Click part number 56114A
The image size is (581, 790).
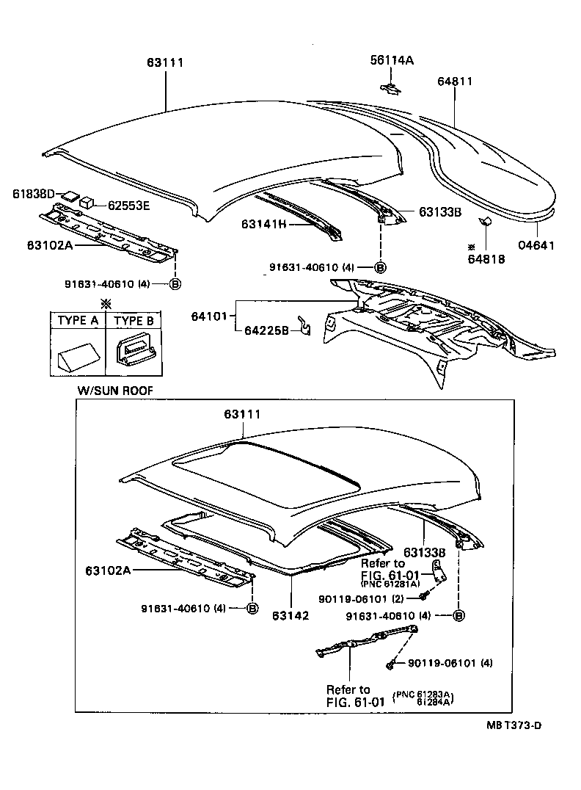coord(391,62)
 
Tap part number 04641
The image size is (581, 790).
coord(539,246)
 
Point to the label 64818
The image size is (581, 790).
coord(486,258)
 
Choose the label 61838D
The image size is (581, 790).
coord(34,194)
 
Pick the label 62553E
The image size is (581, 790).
coord(129,206)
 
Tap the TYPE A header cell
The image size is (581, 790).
coord(78,321)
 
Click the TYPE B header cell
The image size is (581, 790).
coord(134,321)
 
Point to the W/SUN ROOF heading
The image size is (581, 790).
coord(115,391)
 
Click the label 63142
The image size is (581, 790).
coord(290,615)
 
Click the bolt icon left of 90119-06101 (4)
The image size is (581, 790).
coord(391,664)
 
